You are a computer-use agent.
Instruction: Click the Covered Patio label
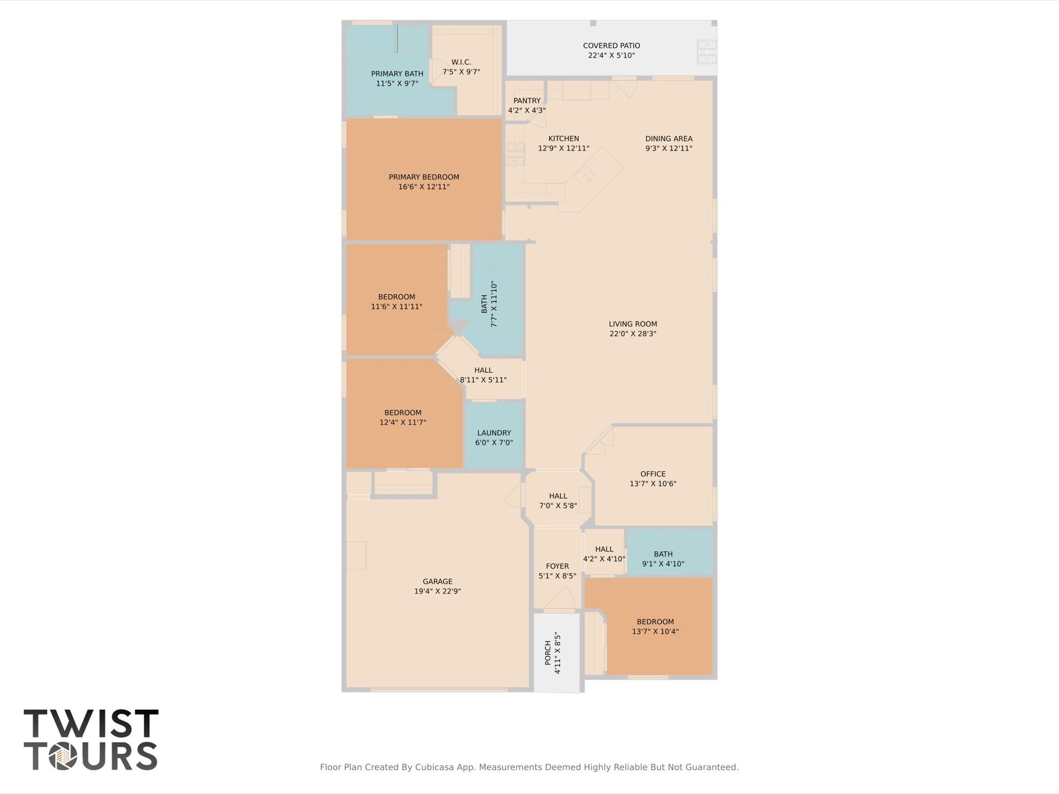coord(611,46)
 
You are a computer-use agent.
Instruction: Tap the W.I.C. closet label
coord(461,62)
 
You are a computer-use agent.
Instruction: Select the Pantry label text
coord(527,101)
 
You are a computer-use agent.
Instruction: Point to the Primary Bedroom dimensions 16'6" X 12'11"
coord(424,187)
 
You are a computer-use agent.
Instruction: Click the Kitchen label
coord(563,139)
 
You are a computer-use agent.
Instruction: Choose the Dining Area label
coord(668,139)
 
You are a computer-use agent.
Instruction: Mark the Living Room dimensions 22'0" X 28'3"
coord(633,334)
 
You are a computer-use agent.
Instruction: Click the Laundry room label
coord(494,433)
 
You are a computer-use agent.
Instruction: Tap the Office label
coord(653,474)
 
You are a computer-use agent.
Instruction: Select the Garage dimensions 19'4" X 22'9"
coord(437,591)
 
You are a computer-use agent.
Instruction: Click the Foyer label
coord(557,566)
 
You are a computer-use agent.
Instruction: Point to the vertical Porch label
coord(548,653)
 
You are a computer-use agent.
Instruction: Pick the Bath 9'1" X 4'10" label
coord(663,554)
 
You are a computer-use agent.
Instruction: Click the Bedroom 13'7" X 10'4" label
coord(655,622)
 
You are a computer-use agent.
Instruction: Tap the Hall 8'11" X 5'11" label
coord(483,370)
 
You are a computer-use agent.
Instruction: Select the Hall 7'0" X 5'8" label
coord(558,496)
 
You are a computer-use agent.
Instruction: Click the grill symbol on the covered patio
coord(706,52)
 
